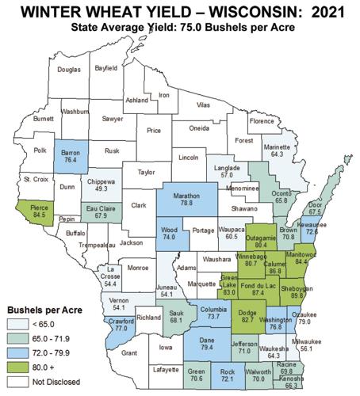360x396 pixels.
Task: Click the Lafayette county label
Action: click(156, 369)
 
